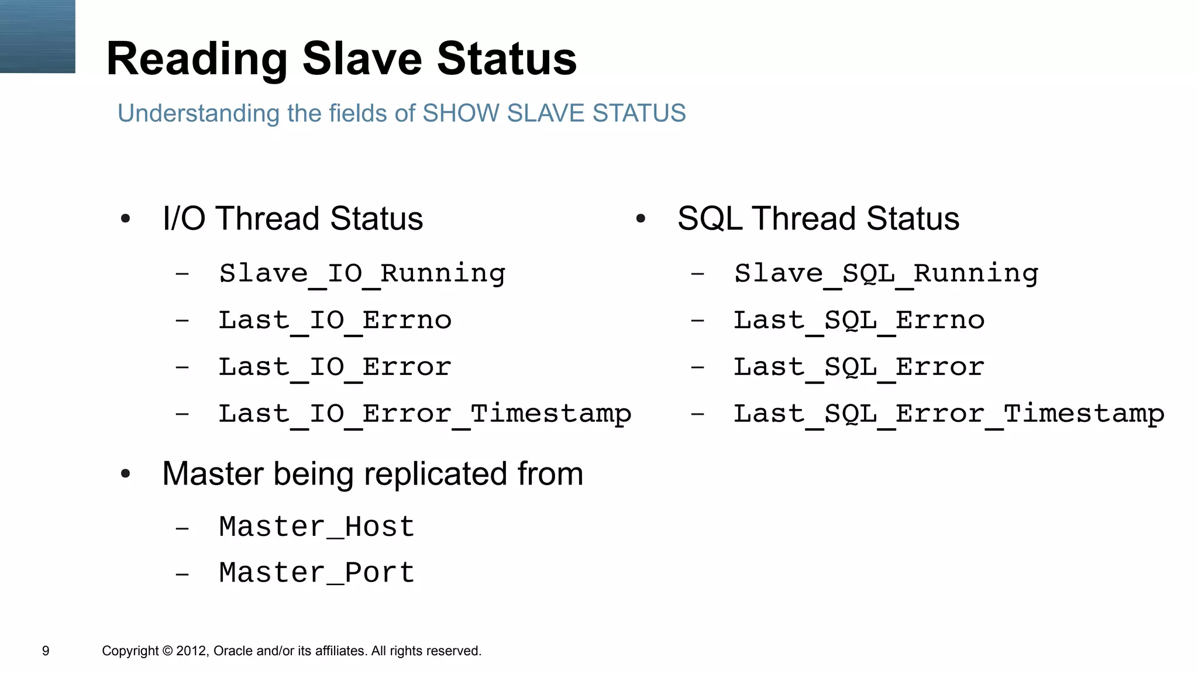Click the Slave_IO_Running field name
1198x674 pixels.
pos(362,274)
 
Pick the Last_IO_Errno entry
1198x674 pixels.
pos(335,321)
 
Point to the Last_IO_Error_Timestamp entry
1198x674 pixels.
pos(425,414)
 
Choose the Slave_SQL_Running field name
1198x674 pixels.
pos(886,274)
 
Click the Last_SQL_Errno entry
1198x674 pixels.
pos(859,321)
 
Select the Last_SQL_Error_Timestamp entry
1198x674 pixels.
pos(949,414)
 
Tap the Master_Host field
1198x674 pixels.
pos(316,527)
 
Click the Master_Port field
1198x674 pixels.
pos(316,573)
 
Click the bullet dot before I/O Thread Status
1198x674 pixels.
pos(125,219)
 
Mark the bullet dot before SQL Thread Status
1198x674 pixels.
pos(641,219)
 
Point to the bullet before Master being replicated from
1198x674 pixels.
pos(125,474)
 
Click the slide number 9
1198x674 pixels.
pos(46,651)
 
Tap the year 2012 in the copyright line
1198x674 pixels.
pos(192,651)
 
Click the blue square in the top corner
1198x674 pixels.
pos(37,36)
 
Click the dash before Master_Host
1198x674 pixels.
pos(182,528)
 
